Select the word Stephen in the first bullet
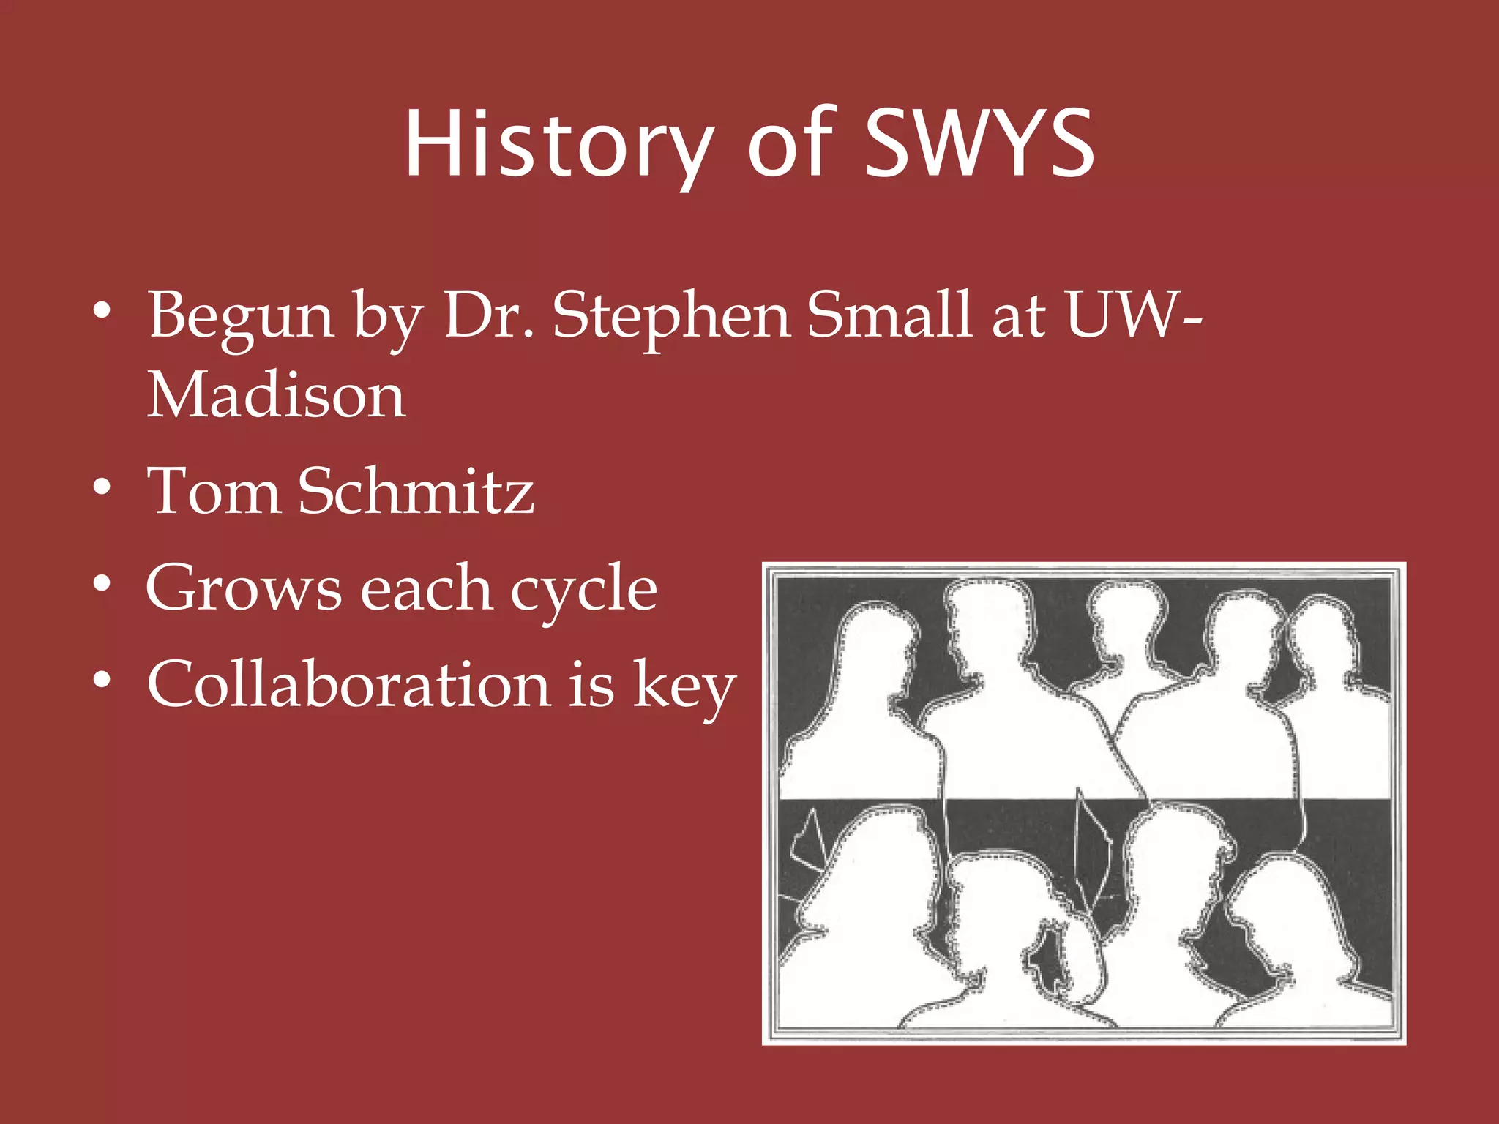pos(670,316)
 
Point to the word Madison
pos(277,396)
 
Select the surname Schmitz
pos(416,491)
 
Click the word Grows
pos(244,589)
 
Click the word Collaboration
pos(349,685)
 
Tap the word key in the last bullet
pos(684,688)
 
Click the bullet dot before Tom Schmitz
pos(102,487)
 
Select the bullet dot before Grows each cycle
pos(102,584)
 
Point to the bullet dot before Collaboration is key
pos(102,681)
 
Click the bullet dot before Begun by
pos(102,311)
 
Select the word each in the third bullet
pos(427,589)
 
